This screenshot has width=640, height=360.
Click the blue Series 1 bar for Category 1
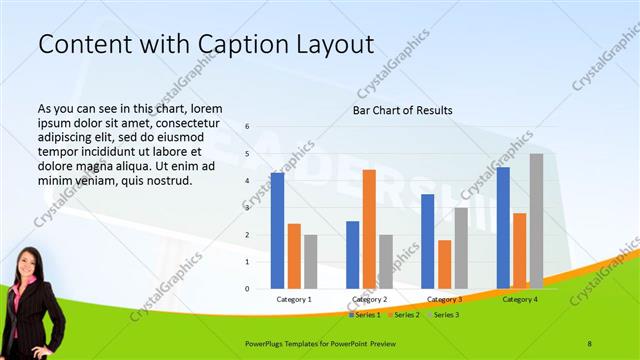click(x=277, y=231)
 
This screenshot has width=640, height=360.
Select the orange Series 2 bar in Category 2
click(x=369, y=229)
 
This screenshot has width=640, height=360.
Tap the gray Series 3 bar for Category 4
click(x=536, y=221)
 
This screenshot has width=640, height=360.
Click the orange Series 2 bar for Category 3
click(x=444, y=264)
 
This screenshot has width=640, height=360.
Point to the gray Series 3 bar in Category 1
click(x=311, y=262)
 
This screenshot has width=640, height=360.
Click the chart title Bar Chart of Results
click(x=402, y=110)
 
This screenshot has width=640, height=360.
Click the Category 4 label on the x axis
click(x=520, y=299)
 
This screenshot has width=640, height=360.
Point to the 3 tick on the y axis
click(x=248, y=208)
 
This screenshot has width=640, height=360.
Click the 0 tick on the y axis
click(x=248, y=289)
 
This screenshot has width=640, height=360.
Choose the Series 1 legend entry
click(x=365, y=315)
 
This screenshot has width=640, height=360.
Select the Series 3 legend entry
click(x=445, y=315)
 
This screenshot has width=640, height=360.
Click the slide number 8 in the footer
click(x=590, y=343)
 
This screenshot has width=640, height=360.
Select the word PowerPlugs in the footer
click(x=269, y=343)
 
